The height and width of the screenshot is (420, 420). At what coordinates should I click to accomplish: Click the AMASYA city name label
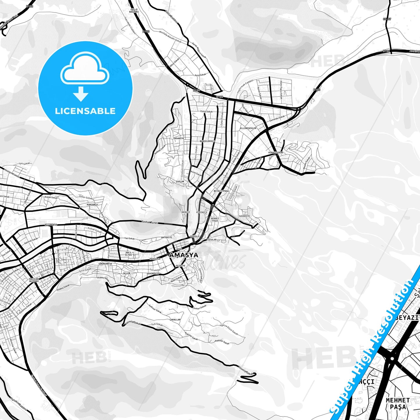(184, 255)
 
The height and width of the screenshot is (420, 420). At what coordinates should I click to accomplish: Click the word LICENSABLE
(85, 111)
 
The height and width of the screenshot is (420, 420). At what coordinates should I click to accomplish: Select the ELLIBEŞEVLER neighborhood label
(248, 128)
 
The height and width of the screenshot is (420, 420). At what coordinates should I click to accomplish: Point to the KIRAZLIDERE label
(276, 152)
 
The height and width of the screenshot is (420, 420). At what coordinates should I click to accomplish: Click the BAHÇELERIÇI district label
(207, 141)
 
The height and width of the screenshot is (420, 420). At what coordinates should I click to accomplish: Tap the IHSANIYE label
(178, 138)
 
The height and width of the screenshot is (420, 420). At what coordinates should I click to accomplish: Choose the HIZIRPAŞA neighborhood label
(51, 225)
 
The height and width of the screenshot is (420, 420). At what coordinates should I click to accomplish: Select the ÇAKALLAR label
(175, 319)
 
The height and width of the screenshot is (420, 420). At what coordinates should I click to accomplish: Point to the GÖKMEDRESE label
(105, 264)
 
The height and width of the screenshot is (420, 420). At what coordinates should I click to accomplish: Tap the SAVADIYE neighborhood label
(244, 216)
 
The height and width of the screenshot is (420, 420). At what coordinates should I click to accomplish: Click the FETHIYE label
(180, 266)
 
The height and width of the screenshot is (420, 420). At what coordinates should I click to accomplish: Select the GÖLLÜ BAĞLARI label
(134, 11)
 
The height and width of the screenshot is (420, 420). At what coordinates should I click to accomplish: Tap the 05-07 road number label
(387, 19)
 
